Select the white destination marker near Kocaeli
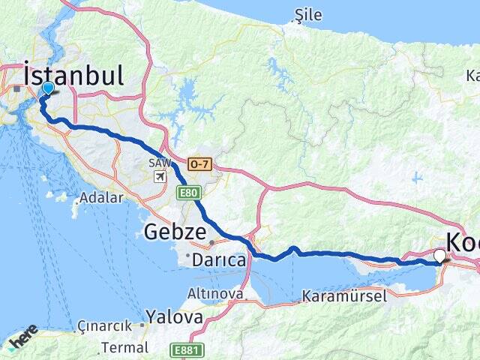click(x=440, y=256)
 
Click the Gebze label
click(x=174, y=232)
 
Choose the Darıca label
click(x=219, y=260)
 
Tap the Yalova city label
click(x=174, y=316)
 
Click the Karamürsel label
click(x=344, y=296)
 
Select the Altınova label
click(x=216, y=294)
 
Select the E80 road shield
click(x=187, y=193)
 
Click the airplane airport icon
click(x=160, y=177)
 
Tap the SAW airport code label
click(x=159, y=163)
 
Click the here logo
click(x=22, y=339)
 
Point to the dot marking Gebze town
click(x=213, y=242)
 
